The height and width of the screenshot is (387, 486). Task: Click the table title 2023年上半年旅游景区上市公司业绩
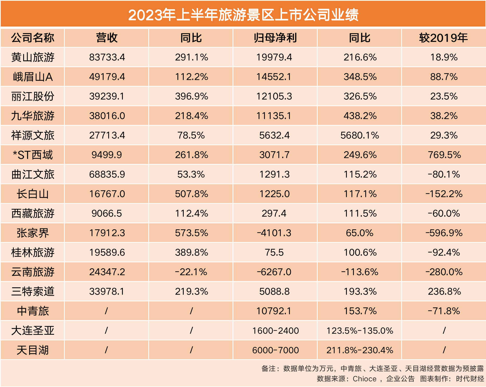[x=243, y=15]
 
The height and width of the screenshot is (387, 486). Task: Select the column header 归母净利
[x=275, y=38]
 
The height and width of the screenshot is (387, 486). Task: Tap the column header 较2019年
[x=443, y=38]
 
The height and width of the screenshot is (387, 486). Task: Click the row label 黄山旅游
[x=33, y=57]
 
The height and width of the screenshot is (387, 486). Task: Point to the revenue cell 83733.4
[x=107, y=57]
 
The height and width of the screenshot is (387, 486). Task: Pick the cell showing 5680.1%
[x=360, y=135]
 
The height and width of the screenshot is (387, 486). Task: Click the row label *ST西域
[x=33, y=155]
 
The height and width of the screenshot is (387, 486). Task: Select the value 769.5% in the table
[x=444, y=155]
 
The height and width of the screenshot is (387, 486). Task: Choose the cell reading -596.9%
[x=444, y=233]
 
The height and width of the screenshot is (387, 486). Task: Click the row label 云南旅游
[x=33, y=272]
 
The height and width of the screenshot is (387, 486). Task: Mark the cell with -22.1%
[x=191, y=272]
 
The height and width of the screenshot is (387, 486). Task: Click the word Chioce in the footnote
[x=364, y=379]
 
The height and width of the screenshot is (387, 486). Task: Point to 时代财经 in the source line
[x=470, y=379]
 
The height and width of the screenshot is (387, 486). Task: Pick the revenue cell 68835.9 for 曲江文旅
[x=107, y=174]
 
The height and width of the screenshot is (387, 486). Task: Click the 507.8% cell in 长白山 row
[x=191, y=194]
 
